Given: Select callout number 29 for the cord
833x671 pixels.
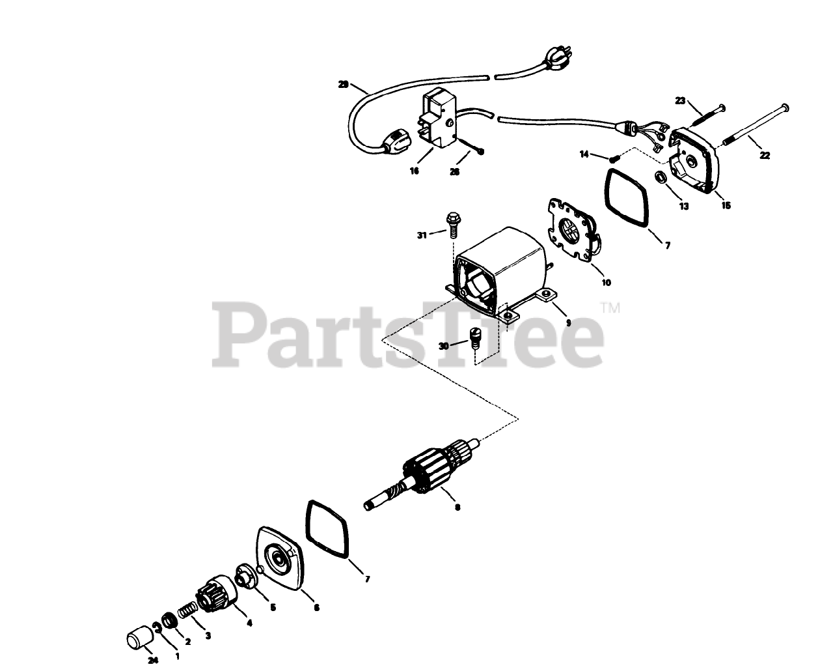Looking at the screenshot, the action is point(344,84).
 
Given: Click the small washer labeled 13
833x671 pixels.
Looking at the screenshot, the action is point(661,177).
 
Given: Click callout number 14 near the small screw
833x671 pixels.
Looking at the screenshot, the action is point(584,154).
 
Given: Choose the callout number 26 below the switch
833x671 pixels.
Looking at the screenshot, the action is point(454,172).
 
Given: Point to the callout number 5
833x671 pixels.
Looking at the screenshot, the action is point(273,607).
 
